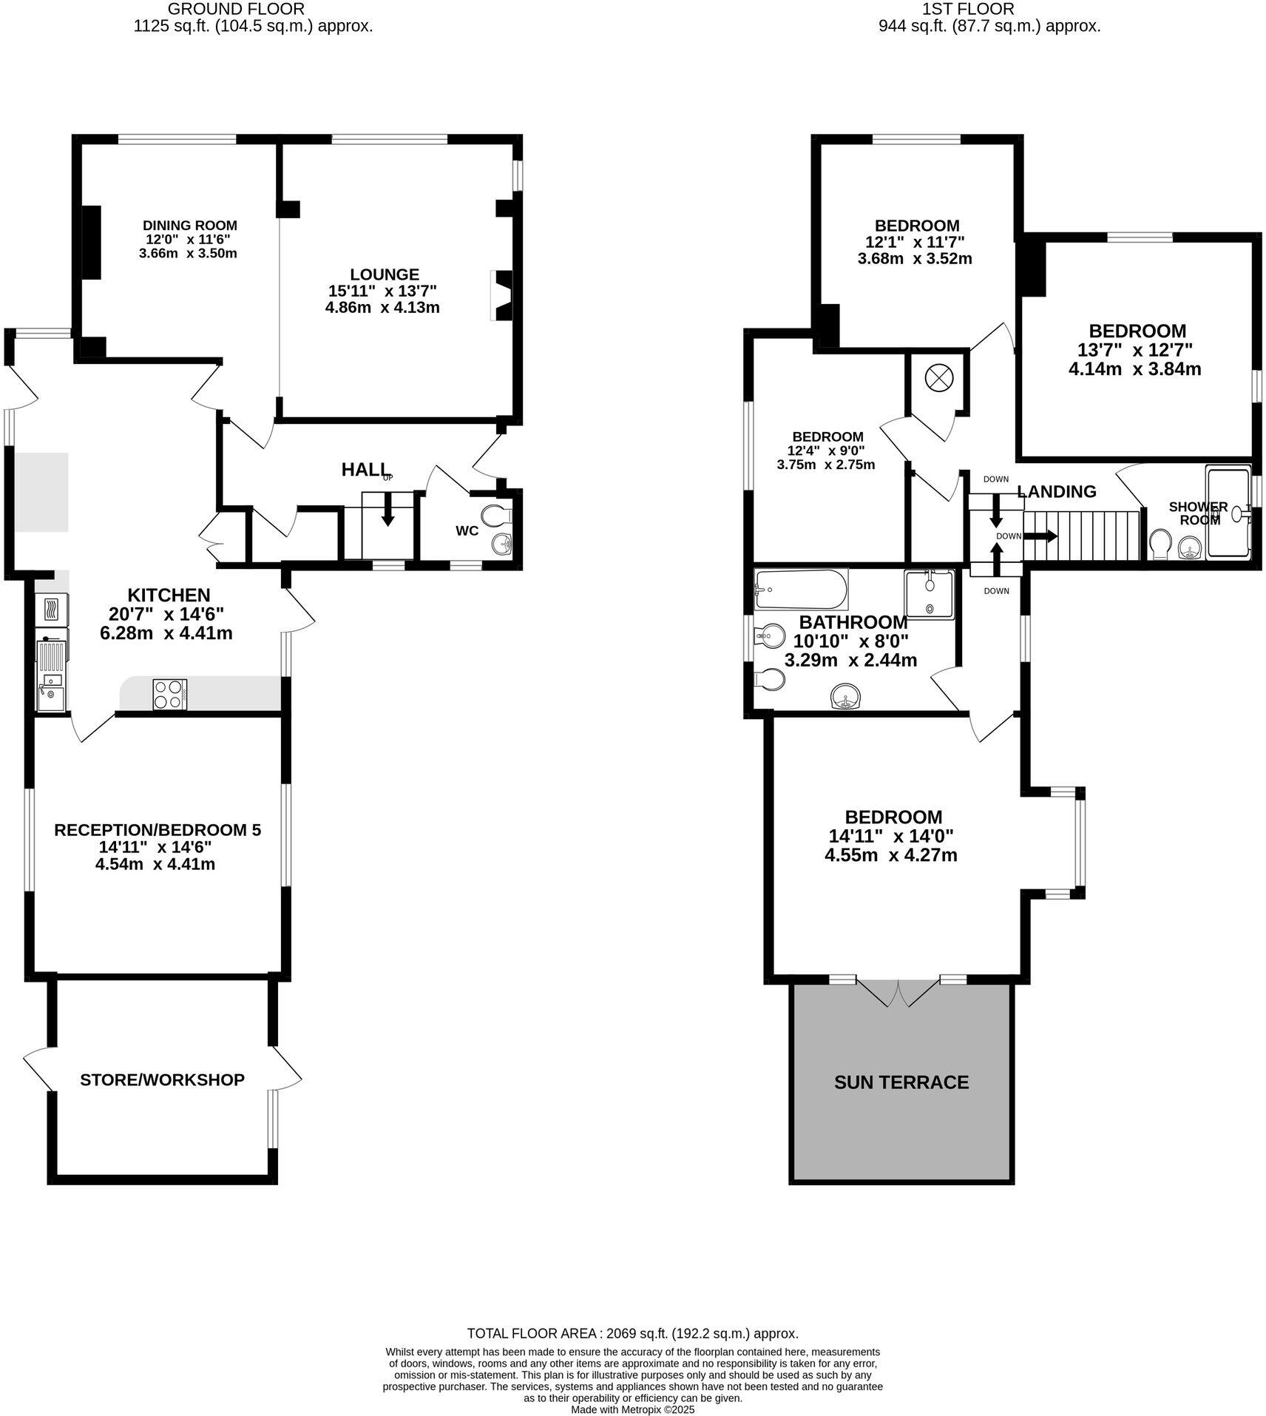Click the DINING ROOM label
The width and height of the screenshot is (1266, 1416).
(190, 226)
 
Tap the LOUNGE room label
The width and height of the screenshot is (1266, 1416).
(384, 274)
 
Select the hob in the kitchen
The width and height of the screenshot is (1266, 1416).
(170, 694)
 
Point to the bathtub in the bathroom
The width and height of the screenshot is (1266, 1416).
(801, 589)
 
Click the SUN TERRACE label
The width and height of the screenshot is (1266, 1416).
(901, 1082)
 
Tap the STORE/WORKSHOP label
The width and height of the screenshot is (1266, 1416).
(162, 1079)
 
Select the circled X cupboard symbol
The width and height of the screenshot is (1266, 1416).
(937, 379)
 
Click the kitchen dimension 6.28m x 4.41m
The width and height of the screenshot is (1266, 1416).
(166, 633)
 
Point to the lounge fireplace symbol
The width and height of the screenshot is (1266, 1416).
(502, 296)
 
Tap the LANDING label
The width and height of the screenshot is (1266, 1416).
(1056, 491)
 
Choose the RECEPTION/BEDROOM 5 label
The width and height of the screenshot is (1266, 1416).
(158, 830)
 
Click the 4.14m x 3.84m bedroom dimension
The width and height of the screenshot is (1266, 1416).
(1134, 368)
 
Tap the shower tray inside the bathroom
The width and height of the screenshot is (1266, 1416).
(930, 593)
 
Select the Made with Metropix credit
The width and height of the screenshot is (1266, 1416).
(632, 1410)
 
